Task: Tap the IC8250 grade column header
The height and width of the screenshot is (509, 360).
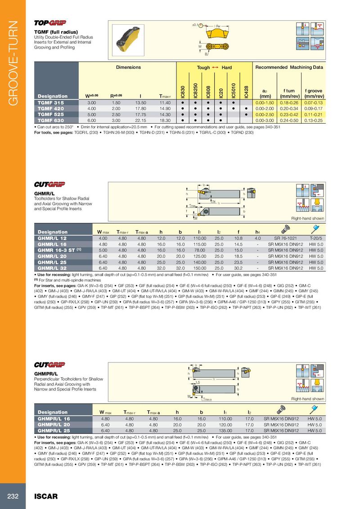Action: (195, 90)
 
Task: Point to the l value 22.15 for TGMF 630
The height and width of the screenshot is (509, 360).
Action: (141, 120)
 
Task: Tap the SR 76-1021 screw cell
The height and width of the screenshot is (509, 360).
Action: (283, 237)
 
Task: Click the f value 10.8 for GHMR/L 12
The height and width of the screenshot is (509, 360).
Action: (239, 237)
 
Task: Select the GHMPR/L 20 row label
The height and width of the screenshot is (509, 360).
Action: (54, 424)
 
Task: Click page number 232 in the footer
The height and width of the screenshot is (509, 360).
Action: (13, 496)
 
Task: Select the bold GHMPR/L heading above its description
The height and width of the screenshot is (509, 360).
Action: (46, 374)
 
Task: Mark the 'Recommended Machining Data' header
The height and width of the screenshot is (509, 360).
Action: (289, 67)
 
